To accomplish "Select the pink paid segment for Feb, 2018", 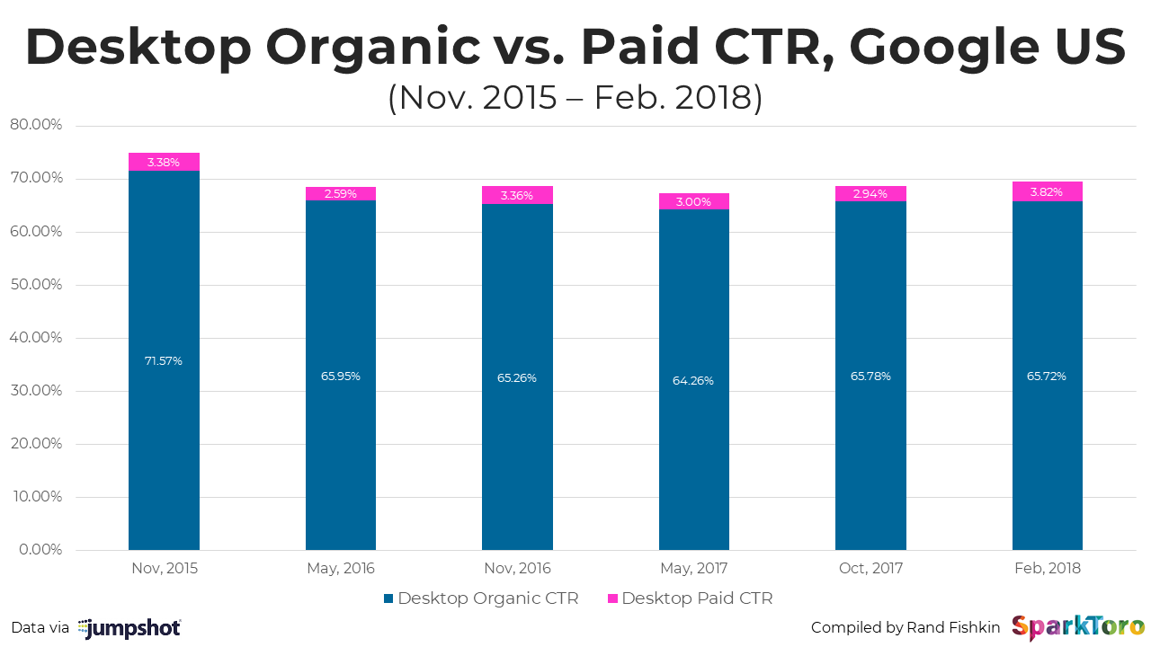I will [1047, 191].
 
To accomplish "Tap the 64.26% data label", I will [692, 380].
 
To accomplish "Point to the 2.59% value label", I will [340, 193].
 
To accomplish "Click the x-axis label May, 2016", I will [340, 568].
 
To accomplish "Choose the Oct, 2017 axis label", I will [870, 568].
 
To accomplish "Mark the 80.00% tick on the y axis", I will [36, 125].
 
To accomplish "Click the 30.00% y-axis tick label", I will [36, 391].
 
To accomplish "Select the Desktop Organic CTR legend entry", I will [480, 598].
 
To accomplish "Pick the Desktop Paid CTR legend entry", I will [690, 598].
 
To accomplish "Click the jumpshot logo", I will [129, 628].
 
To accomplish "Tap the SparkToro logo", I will [1078, 627].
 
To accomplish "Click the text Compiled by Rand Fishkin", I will [906, 627].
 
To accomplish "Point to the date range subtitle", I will [575, 97].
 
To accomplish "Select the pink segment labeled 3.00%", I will [693, 202].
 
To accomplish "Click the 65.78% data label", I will [870, 376].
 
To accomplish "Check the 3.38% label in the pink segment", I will [164, 162].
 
